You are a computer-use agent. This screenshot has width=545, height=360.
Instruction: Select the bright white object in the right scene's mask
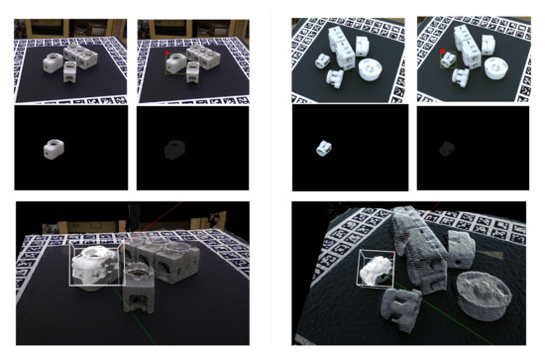[323, 148]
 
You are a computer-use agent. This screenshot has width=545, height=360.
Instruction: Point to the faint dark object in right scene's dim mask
[444, 149]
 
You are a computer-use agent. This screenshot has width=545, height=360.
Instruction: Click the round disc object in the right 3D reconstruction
[485, 293]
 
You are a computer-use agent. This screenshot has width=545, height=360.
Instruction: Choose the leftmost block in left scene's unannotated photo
[51, 62]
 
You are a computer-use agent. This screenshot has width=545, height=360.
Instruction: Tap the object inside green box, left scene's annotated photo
[176, 64]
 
